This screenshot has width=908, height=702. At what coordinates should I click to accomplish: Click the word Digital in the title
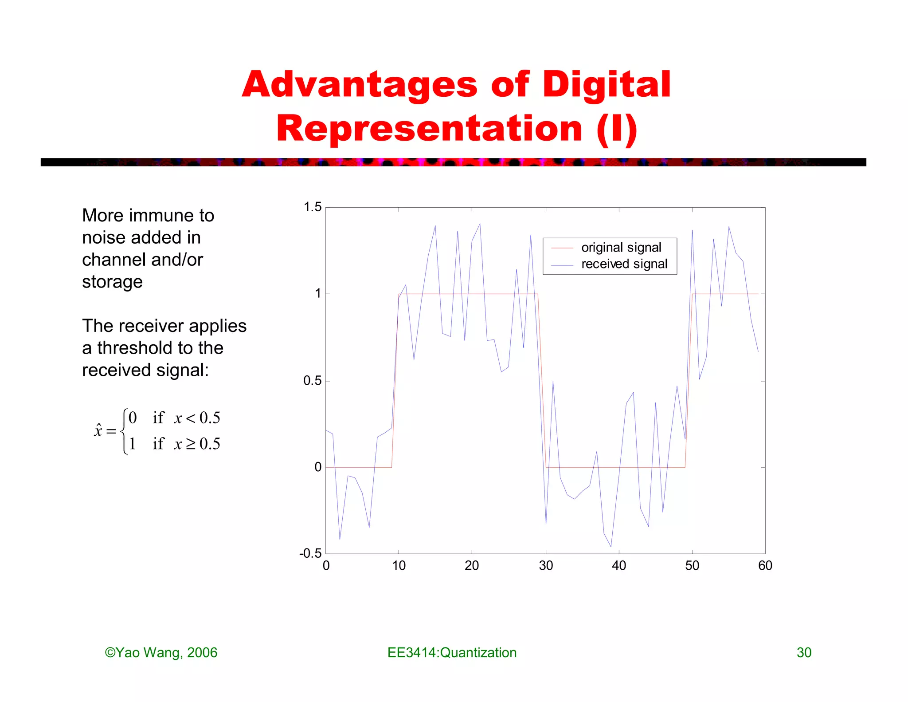tap(606, 85)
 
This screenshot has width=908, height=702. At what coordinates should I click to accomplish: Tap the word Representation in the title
tap(429, 129)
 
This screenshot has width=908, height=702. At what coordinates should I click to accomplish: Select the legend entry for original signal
tap(621, 248)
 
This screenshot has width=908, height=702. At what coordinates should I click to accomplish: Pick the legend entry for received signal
tap(624, 264)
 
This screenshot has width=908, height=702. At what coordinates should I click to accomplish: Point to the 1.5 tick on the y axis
tap(313, 207)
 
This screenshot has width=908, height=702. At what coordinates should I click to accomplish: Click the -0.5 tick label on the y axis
tap(310, 553)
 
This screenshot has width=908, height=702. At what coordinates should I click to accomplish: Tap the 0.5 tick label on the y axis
tap(313, 381)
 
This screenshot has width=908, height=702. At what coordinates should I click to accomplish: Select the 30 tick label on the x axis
tap(546, 566)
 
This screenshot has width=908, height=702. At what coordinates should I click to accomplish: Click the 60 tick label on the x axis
tap(765, 566)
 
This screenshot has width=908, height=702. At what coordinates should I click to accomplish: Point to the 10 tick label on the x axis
tap(399, 566)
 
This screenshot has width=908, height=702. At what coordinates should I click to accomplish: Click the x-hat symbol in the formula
tap(98, 430)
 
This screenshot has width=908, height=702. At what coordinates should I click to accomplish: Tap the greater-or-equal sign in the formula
tap(191, 444)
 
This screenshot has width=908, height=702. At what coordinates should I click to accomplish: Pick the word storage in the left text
tap(112, 282)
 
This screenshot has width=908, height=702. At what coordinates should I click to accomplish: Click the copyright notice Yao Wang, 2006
tap(161, 653)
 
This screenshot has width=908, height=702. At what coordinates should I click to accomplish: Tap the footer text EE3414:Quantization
tap(452, 653)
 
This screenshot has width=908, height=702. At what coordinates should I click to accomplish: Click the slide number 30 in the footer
tap(804, 653)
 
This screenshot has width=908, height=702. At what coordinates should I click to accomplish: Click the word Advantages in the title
tap(360, 85)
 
